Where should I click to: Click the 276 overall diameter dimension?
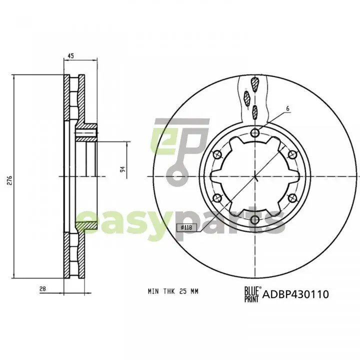point(9,180)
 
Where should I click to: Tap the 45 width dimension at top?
point(70,56)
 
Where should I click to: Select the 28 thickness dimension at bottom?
point(42,289)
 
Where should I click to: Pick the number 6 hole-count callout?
point(288,108)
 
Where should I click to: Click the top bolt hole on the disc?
point(255,132)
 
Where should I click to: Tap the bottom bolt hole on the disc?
point(255,220)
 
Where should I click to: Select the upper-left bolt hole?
point(217,154)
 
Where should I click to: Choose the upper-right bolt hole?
point(292,154)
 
